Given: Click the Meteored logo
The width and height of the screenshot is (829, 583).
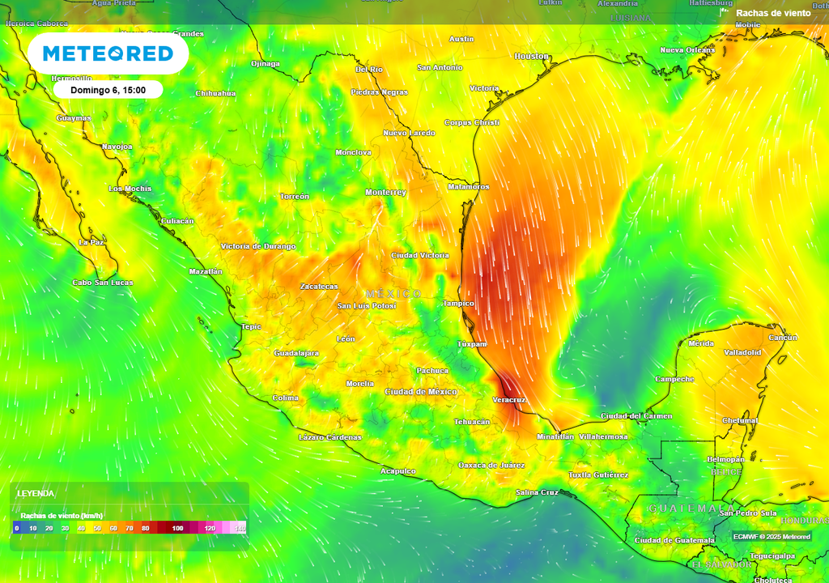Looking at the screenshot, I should tap(108, 53).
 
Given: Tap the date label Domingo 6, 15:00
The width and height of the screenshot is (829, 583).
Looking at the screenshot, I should tap(108, 90).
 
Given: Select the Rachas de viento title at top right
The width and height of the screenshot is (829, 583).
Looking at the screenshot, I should tap(772, 13).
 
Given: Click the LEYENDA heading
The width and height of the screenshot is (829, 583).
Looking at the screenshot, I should tap(36, 493).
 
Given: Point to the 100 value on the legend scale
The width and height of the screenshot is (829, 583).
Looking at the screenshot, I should tap(177, 528).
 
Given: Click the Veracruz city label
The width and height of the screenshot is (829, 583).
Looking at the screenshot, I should tap(509, 400).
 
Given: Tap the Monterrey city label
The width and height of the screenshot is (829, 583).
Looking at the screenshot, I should tap(385, 193).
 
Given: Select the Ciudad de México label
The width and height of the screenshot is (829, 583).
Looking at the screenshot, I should tap(420, 392).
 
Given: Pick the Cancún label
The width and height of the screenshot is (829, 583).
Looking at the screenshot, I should tap(783, 338).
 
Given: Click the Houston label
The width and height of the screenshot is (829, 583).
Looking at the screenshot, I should tap(531, 57).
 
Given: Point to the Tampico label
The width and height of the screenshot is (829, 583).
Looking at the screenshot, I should tap(458, 304).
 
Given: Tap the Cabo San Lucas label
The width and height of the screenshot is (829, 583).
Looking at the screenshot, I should tap(103, 283).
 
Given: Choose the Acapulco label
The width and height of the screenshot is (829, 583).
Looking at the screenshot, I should tap(398, 471).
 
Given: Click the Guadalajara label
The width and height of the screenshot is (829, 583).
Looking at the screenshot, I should tap(296, 353).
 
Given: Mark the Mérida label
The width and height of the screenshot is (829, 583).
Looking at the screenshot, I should tap(701, 344).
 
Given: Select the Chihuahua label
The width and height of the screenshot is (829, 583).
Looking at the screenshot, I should tap(215, 93).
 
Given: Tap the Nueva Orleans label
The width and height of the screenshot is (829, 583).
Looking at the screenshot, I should tap(687, 50).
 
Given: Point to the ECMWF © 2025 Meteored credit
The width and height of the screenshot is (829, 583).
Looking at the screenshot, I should tap(772, 537).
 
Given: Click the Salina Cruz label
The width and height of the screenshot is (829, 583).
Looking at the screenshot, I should tap(538, 492).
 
